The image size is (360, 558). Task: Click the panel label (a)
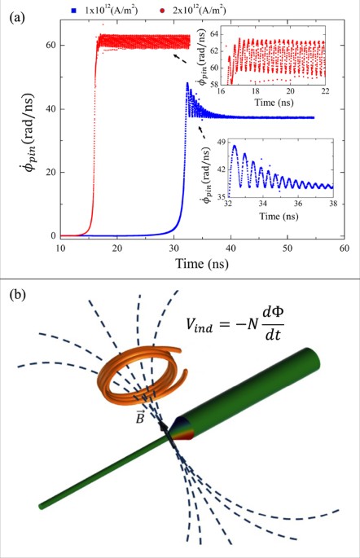point(15,15)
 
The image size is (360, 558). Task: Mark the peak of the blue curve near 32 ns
point(187,83)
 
